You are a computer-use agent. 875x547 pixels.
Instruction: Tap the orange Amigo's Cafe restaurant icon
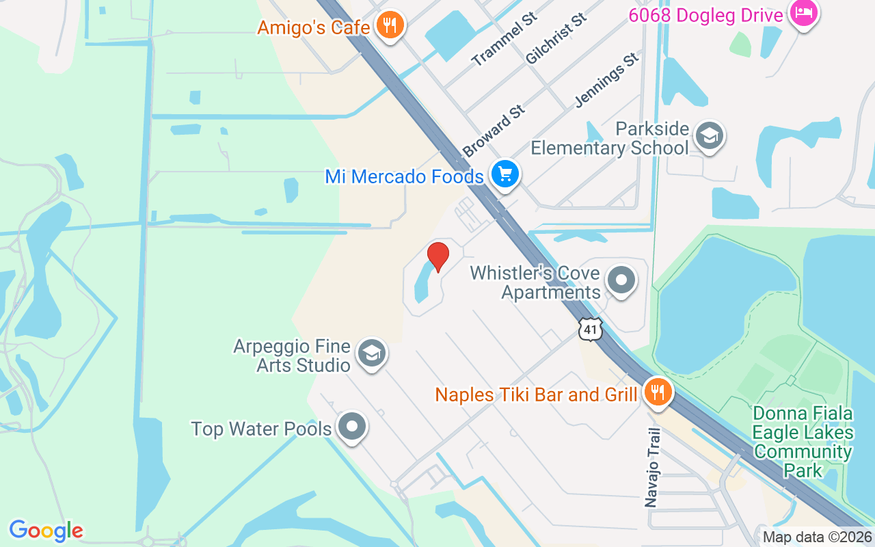[x=390, y=26]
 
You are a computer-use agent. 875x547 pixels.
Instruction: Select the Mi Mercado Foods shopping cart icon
[x=505, y=175]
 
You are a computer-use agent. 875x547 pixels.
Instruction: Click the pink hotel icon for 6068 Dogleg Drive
[x=803, y=13]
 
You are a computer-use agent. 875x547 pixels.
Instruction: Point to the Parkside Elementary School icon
[x=709, y=137]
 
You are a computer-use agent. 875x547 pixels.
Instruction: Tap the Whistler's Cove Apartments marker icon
[x=621, y=280]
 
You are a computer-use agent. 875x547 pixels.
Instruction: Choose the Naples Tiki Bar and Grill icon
[x=658, y=393]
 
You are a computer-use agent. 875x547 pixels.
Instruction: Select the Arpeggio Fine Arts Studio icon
[x=371, y=354]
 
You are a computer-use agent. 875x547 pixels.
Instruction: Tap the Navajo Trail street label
[x=654, y=468]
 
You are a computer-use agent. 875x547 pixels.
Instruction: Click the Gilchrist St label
[x=556, y=38]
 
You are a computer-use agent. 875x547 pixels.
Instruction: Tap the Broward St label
[x=494, y=131]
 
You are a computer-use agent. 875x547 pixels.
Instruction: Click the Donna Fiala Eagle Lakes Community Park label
[x=803, y=442]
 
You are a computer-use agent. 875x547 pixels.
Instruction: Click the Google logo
[x=46, y=531]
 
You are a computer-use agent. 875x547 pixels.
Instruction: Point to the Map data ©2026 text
[x=817, y=537]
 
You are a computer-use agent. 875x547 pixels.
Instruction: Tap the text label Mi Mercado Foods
[x=404, y=177]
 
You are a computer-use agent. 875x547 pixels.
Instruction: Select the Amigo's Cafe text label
[x=314, y=28]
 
